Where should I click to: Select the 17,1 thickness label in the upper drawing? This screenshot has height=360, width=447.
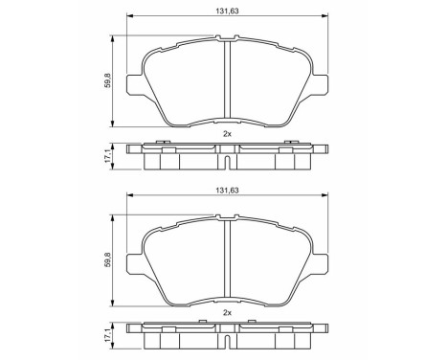pyautogui.click(x=105, y=156)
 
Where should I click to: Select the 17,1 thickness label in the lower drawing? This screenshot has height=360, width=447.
pyautogui.click(x=105, y=338)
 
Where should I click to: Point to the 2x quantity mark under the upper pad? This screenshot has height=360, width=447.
pyautogui.click(x=227, y=133)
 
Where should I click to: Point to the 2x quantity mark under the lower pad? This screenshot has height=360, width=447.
pyautogui.click(x=227, y=313)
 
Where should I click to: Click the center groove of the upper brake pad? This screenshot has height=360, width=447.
pyautogui.click(x=227, y=80)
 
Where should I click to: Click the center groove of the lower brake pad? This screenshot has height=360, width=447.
pyautogui.click(x=227, y=261)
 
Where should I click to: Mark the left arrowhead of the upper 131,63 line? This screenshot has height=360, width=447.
pyautogui.click(x=127, y=20)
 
